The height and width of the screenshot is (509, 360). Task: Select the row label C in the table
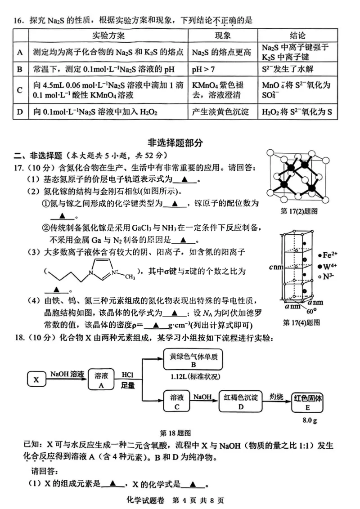[x=20, y=90]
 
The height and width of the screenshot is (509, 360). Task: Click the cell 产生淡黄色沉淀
[x=220, y=112]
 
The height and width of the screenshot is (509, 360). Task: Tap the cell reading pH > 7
[x=203, y=69]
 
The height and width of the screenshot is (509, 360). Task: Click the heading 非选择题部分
[x=180, y=143]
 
